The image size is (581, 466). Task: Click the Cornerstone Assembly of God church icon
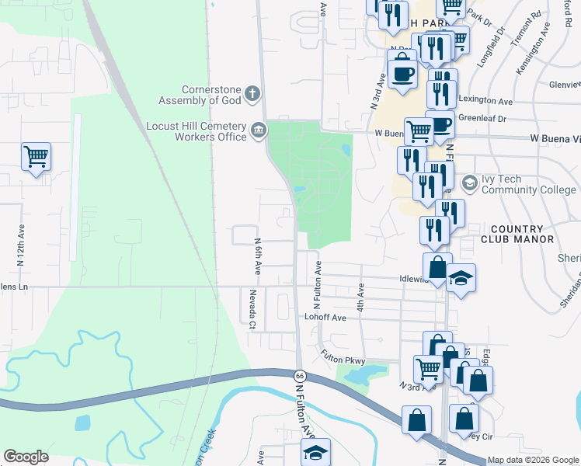[252, 95]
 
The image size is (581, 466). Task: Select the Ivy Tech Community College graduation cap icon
[469, 183]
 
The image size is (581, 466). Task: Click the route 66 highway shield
[300, 375]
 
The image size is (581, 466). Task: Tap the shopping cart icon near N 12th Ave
[36, 157]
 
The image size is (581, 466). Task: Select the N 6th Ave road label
[257, 257]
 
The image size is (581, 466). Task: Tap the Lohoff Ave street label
[325, 318]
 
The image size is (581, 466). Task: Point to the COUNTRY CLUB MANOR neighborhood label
[516, 234]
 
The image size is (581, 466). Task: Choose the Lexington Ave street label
[485, 101]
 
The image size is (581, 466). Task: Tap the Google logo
[26, 457]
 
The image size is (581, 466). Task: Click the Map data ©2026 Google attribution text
[532, 460]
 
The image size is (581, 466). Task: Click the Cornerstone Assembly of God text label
[200, 94]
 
